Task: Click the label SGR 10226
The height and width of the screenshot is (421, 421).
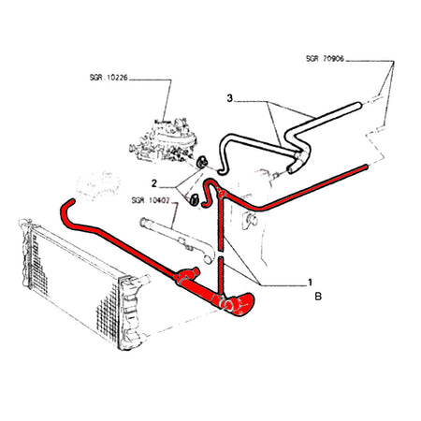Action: click(x=109, y=78)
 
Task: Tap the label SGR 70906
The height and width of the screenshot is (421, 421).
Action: click(x=325, y=59)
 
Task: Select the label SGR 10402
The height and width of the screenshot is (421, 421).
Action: click(x=151, y=200)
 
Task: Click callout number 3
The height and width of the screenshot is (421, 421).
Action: click(x=230, y=98)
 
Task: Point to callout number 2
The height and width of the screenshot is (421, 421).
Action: click(x=154, y=183)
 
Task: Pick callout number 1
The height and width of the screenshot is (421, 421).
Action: click(x=310, y=283)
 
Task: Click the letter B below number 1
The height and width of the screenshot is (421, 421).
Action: click(x=318, y=297)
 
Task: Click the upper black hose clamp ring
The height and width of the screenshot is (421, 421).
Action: click(x=202, y=162)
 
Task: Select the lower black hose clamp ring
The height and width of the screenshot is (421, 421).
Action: click(x=194, y=199)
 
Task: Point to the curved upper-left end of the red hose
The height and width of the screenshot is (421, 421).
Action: click(x=66, y=210)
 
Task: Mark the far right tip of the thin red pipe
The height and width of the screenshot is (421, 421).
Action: click(x=366, y=167)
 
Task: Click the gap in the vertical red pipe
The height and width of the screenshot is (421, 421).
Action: click(x=221, y=254)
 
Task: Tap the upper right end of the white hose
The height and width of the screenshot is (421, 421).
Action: click(x=357, y=107)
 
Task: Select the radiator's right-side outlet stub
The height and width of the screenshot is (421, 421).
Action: click(x=144, y=279)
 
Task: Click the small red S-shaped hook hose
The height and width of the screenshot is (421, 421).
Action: click(x=209, y=193)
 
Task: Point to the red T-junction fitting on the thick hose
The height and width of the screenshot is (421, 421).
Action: click(x=187, y=274)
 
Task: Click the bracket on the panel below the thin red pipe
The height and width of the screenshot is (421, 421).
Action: click(x=250, y=220)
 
